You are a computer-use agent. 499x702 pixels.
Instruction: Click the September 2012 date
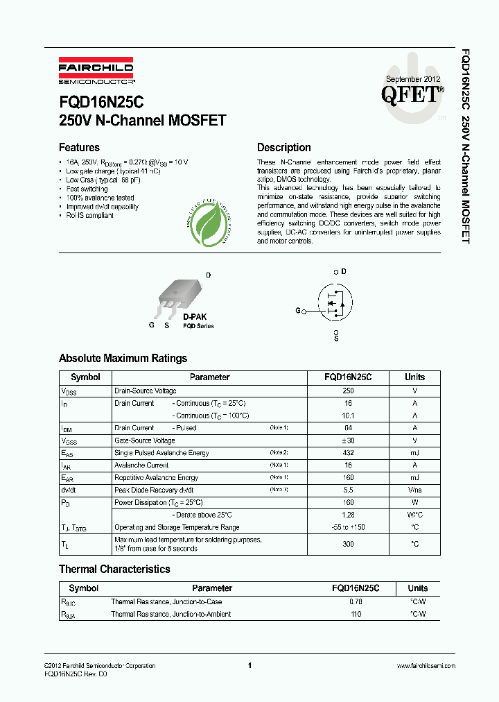coord(412,79)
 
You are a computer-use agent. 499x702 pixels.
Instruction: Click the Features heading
coord(79,147)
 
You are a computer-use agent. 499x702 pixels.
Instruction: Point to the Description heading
coord(283,147)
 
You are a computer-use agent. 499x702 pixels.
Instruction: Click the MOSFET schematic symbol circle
coord(336,303)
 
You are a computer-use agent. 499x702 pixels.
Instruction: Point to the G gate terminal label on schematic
coord(298,311)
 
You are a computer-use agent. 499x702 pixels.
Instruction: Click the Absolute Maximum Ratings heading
coord(123,359)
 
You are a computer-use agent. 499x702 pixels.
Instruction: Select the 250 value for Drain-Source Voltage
coord(348,391)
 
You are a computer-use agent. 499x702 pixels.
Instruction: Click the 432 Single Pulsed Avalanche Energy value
coord(348,453)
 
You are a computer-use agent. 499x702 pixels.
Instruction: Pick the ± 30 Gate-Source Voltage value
coord(348,440)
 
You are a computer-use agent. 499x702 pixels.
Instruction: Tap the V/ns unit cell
coord(415,490)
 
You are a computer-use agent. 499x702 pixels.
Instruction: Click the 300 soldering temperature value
coord(348,544)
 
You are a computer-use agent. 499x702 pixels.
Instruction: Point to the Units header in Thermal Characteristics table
coord(418,588)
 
